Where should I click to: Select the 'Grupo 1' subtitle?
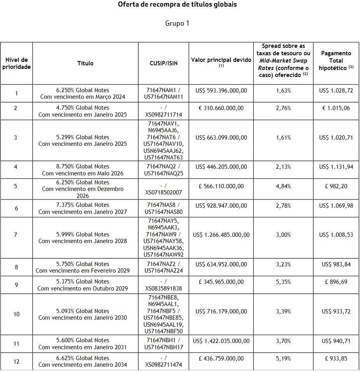point(177,23)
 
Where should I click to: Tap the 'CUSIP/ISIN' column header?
point(163,63)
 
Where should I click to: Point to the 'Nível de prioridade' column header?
point(16,63)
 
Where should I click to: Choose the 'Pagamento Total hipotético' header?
point(336,60)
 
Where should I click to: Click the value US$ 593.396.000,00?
point(221,90)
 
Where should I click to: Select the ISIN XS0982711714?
point(163,115)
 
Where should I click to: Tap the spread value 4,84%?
point(283,186)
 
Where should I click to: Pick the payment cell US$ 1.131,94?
point(336,167)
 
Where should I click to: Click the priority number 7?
point(16,235)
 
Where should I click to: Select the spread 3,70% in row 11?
point(283,341)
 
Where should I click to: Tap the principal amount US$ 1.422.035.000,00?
point(221,341)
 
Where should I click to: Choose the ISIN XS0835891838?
point(163,289)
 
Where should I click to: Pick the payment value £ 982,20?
point(336,186)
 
